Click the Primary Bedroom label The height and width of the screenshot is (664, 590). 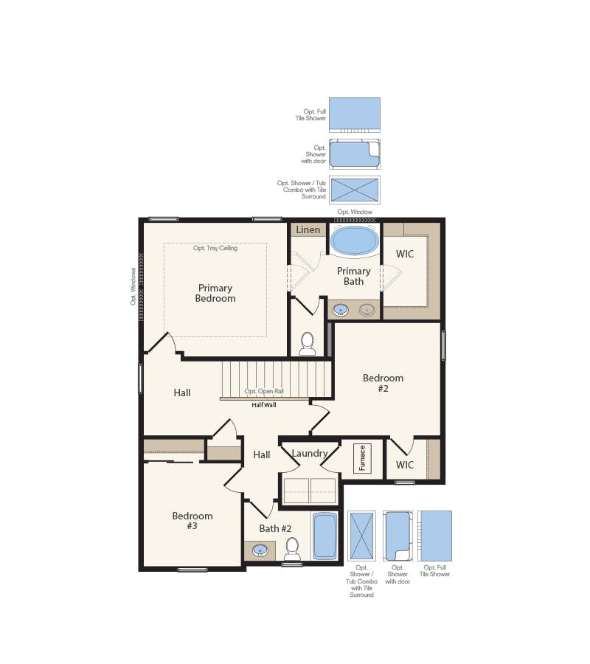click(215, 293)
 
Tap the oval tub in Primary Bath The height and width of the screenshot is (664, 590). click(354, 241)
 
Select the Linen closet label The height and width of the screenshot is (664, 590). click(308, 229)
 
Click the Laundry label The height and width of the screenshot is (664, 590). click(309, 453)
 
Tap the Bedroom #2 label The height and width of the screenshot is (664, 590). click(383, 383)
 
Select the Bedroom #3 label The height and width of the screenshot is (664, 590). click(192, 521)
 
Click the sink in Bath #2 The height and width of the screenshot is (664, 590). click(260, 550)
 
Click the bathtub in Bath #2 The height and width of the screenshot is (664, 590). click(324, 536)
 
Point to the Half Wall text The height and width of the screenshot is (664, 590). click(263, 404)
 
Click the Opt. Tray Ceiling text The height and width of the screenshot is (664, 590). click(215, 249)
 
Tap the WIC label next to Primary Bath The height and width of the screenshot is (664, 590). click(405, 254)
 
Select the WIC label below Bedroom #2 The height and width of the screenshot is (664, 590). click(405, 465)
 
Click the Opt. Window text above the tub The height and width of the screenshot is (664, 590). click(355, 212)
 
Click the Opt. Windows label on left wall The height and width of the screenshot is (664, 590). click(133, 287)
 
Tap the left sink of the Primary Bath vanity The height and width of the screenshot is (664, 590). click(341, 309)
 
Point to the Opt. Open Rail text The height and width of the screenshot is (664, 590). click(263, 391)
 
